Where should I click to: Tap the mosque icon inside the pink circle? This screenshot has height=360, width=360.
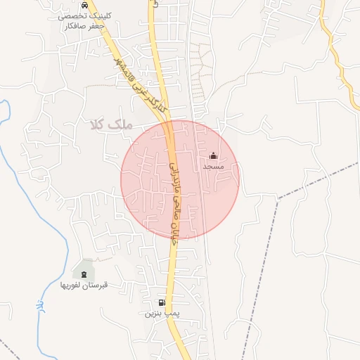tap(214, 156)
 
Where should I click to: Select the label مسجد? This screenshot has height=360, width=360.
tap(213, 167)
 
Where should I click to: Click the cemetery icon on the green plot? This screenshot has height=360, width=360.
tap(84, 273)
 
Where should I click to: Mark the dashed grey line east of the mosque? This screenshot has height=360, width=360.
tap(316, 179)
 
